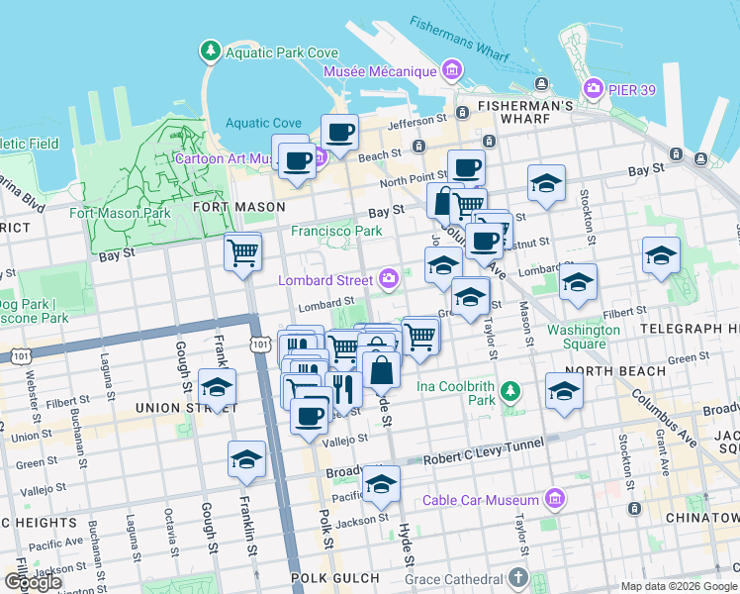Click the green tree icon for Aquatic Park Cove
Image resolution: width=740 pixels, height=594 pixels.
pyautogui.click(x=210, y=49)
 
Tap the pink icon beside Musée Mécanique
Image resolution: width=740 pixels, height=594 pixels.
pyautogui.click(x=452, y=70)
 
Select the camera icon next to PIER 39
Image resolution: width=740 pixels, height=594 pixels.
pyautogui.click(x=594, y=87)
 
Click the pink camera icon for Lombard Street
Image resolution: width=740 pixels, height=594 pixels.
pyautogui.click(x=390, y=280)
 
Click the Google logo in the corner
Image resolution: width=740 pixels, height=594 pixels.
pyautogui.click(x=33, y=582)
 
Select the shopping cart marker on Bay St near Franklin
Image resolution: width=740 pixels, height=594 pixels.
pyautogui.click(x=242, y=251)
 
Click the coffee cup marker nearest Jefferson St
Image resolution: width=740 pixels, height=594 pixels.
pyautogui.click(x=339, y=133)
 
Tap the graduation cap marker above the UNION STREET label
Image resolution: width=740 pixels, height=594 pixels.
pyautogui.click(x=217, y=387)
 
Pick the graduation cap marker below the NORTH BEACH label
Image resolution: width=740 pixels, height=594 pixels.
pyautogui.click(x=564, y=390)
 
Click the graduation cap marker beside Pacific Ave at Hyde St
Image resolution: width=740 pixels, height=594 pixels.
pyautogui.click(x=380, y=484)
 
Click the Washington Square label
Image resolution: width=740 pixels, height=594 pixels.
pyautogui.click(x=584, y=337)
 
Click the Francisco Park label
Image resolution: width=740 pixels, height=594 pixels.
pyautogui.click(x=335, y=231)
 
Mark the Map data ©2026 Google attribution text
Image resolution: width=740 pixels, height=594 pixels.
pyautogui.click(x=679, y=586)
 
